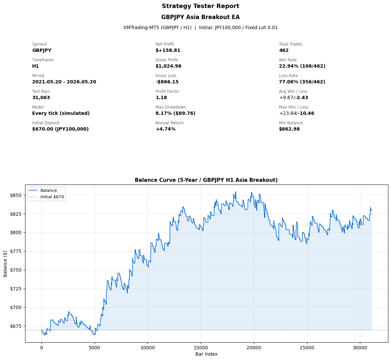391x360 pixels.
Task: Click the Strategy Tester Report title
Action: coord(200,6)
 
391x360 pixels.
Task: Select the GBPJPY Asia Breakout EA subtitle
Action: coord(200,17)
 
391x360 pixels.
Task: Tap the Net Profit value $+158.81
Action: coord(168,51)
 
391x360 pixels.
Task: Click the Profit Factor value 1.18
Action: coord(161,97)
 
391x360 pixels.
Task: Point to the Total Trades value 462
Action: coord(284,51)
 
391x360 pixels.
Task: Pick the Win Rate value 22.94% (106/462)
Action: coord(302,66)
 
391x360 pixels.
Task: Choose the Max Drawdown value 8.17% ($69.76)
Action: coord(175,113)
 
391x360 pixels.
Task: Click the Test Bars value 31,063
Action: coord(41,97)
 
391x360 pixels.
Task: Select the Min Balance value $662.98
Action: coord(289,129)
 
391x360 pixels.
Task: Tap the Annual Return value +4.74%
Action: coord(166,129)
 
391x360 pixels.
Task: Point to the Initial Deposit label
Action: coord(46,123)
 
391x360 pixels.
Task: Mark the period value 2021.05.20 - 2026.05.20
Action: coord(64,82)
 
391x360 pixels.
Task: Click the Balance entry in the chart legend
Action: coord(48,191)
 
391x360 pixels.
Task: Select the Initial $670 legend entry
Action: coord(52,197)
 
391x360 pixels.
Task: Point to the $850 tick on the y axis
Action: coord(16,195)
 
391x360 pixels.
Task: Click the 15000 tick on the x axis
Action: coord(201,348)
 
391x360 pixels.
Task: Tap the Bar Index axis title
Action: coord(206,354)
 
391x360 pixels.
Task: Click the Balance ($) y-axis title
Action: coord(5,264)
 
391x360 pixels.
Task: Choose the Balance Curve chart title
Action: coord(206,180)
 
